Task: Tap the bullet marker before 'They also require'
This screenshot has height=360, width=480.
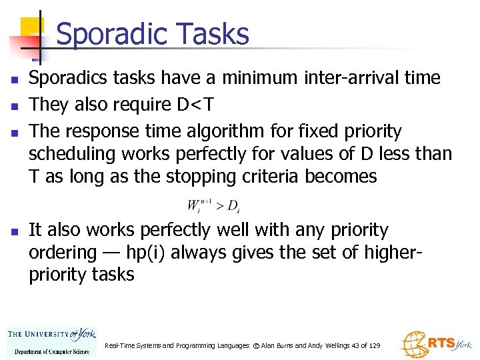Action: click(x=13, y=105)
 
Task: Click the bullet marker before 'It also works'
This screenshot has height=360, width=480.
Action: click(x=13, y=231)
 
